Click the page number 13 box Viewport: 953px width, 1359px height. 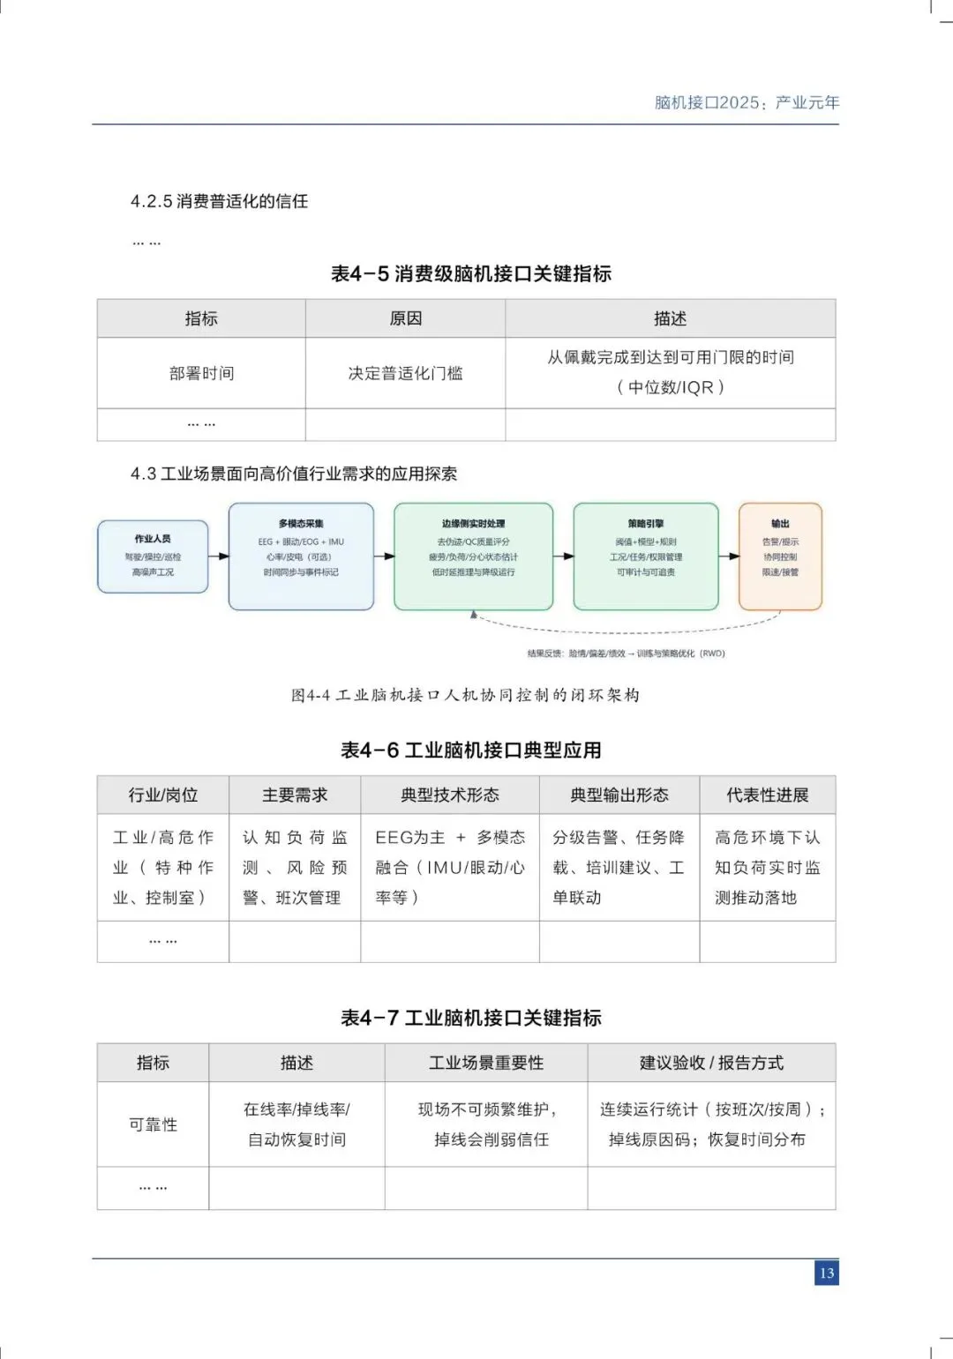pyautogui.click(x=826, y=1273)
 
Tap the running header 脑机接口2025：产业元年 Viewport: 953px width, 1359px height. pyautogui.click(x=747, y=102)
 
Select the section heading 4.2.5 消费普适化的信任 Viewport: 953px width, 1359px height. pyautogui.click(x=220, y=201)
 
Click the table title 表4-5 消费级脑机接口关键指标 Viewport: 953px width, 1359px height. pyautogui.click(x=470, y=273)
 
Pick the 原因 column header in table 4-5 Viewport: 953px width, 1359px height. pyautogui.click(x=405, y=318)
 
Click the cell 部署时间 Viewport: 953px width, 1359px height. pyautogui.click(x=201, y=373)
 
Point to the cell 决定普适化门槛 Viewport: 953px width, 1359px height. pyautogui.click(x=405, y=373)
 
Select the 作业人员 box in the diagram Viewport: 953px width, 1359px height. pyautogui.click(x=153, y=556)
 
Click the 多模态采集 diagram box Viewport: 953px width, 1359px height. pyautogui.click(x=301, y=556)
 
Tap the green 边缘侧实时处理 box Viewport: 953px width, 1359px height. pyautogui.click(x=473, y=556)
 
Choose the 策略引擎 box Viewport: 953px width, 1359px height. pyautogui.click(x=645, y=556)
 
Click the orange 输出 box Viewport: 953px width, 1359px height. pyautogui.click(x=780, y=556)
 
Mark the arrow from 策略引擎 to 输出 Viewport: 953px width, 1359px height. pyautogui.click(x=729, y=556)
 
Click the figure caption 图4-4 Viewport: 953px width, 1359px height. pyautogui.click(x=465, y=695)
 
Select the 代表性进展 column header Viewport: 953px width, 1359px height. pyautogui.click(x=767, y=795)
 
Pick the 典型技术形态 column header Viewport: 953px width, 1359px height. pyautogui.click(x=449, y=795)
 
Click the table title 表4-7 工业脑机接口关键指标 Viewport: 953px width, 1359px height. pyautogui.click(x=470, y=1018)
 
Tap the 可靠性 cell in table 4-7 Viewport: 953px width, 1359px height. pyautogui.click(x=153, y=1124)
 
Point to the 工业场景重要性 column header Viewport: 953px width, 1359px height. pyautogui.click(x=486, y=1063)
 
